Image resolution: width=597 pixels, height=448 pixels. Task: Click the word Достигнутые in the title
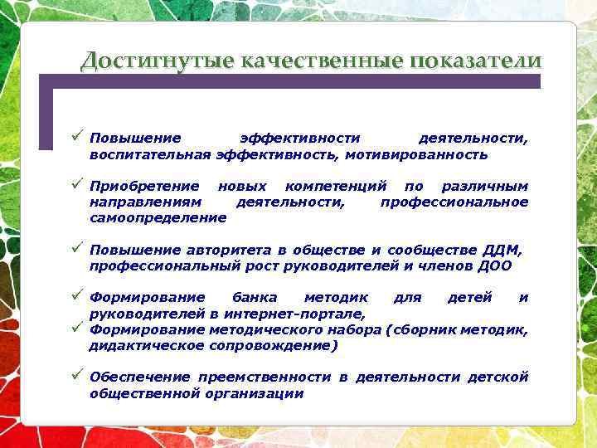[x=158, y=61]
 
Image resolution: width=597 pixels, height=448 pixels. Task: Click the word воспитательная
[x=150, y=154]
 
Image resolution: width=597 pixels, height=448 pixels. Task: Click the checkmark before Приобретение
[x=76, y=184]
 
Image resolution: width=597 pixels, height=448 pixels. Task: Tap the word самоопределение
[x=158, y=217]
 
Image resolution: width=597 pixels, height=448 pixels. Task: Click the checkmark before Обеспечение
[x=76, y=376]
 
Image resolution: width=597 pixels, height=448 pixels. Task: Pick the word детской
[x=498, y=377]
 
